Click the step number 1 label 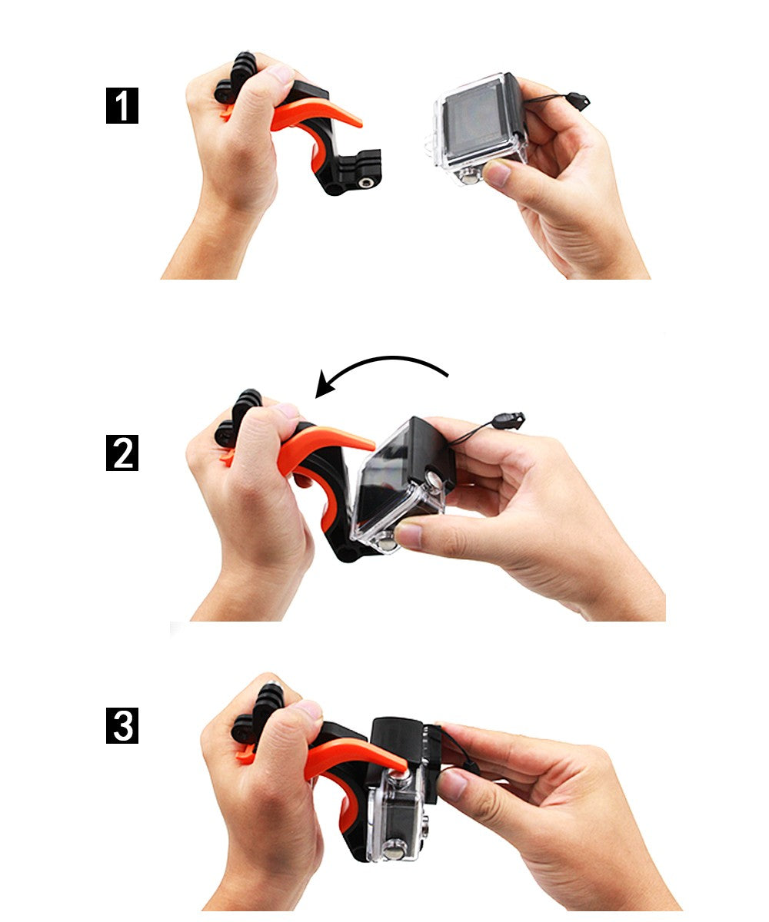click(x=122, y=106)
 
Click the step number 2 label click(x=122, y=453)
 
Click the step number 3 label click(x=122, y=726)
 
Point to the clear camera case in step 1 click(x=473, y=127)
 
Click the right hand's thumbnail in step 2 click(x=409, y=536)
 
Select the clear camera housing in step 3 click(x=396, y=822)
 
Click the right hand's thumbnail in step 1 click(x=497, y=174)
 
